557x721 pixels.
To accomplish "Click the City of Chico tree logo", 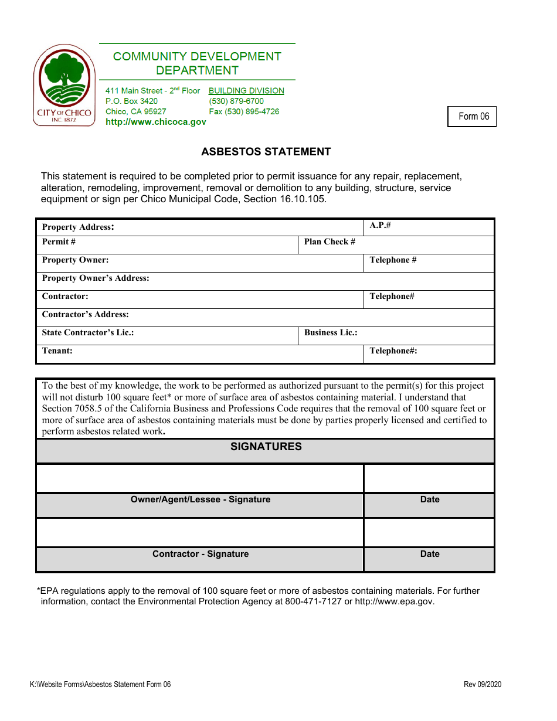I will pos(64,85).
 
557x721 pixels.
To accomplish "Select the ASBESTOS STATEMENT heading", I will pos(266,152).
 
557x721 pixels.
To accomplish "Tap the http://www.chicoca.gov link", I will pos(155,122).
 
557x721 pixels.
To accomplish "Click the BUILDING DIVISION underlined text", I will pos(246,91).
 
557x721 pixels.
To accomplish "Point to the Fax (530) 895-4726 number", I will pos(244,111).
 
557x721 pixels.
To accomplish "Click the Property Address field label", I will pos(78,227).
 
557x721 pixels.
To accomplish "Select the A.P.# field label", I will pos(380,225).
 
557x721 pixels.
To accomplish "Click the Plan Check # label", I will pos(330,242).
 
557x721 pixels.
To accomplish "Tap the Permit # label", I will pos(59,242).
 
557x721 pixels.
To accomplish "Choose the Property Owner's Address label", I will pos(96,278).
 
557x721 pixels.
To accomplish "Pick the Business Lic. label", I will pos(331,332).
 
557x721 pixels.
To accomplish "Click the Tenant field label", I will pos(57,351).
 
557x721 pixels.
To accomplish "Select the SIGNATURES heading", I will pos(266,447).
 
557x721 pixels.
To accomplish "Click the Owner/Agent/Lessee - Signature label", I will pos(201,499).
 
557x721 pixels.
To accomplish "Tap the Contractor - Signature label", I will pos(201,554).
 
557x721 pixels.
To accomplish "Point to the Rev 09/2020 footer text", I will pos(482,685).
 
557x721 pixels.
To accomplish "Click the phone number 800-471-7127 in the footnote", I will pos(313,601).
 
